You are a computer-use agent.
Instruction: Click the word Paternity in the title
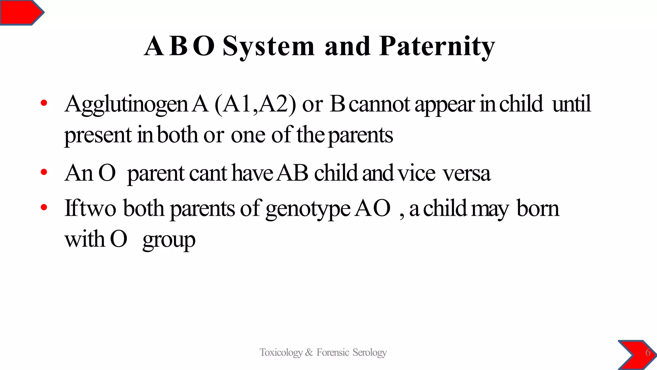coord(437,47)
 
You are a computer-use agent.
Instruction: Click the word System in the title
coord(268,47)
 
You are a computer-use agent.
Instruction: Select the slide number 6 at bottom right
coord(648,353)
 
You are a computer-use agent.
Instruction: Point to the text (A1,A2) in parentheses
coord(255,104)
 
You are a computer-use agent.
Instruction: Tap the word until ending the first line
coord(571,104)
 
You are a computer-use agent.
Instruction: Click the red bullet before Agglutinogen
coord(44,103)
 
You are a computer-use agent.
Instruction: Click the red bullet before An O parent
coord(44,173)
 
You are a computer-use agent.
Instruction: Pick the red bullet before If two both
coord(44,207)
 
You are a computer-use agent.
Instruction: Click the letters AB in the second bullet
coord(293,173)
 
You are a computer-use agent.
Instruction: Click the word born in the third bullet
coord(538,209)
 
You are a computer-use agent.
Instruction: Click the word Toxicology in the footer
coord(281,353)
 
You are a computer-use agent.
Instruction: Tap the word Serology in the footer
coord(370,353)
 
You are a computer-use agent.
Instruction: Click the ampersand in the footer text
coord(309,353)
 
